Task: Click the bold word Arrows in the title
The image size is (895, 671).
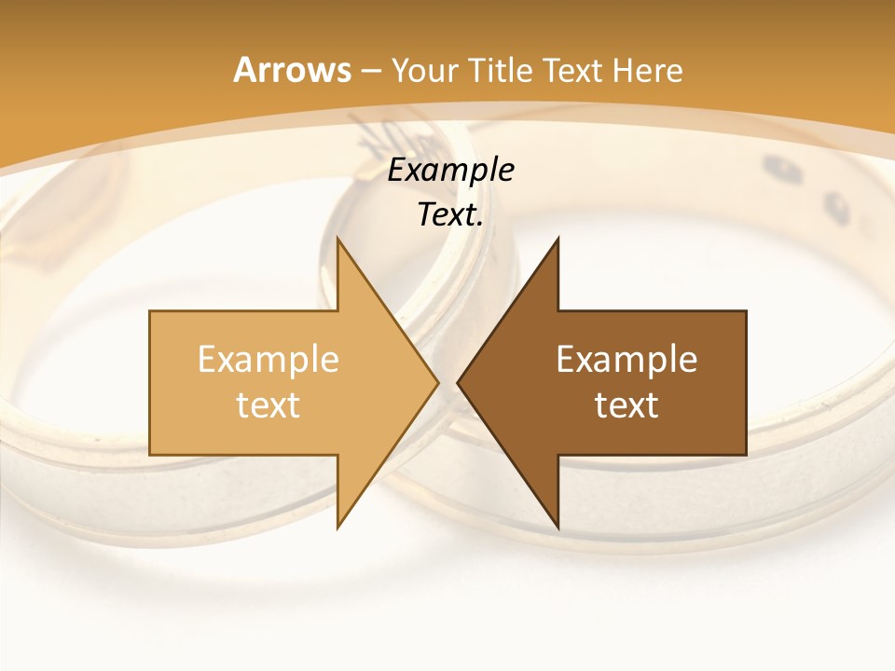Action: point(291,70)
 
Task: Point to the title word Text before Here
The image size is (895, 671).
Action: point(572,70)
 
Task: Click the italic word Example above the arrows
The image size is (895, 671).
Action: point(450,171)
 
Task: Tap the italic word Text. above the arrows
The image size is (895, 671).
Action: point(450,215)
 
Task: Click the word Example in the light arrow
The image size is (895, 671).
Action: point(268,360)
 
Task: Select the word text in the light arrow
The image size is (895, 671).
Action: point(268,405)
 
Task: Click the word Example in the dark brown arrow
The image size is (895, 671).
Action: point(626,360)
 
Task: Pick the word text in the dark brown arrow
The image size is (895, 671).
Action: point(626,405)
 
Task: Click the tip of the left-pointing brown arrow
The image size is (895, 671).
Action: point(460,382)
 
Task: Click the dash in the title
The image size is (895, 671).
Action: point(370,71)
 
